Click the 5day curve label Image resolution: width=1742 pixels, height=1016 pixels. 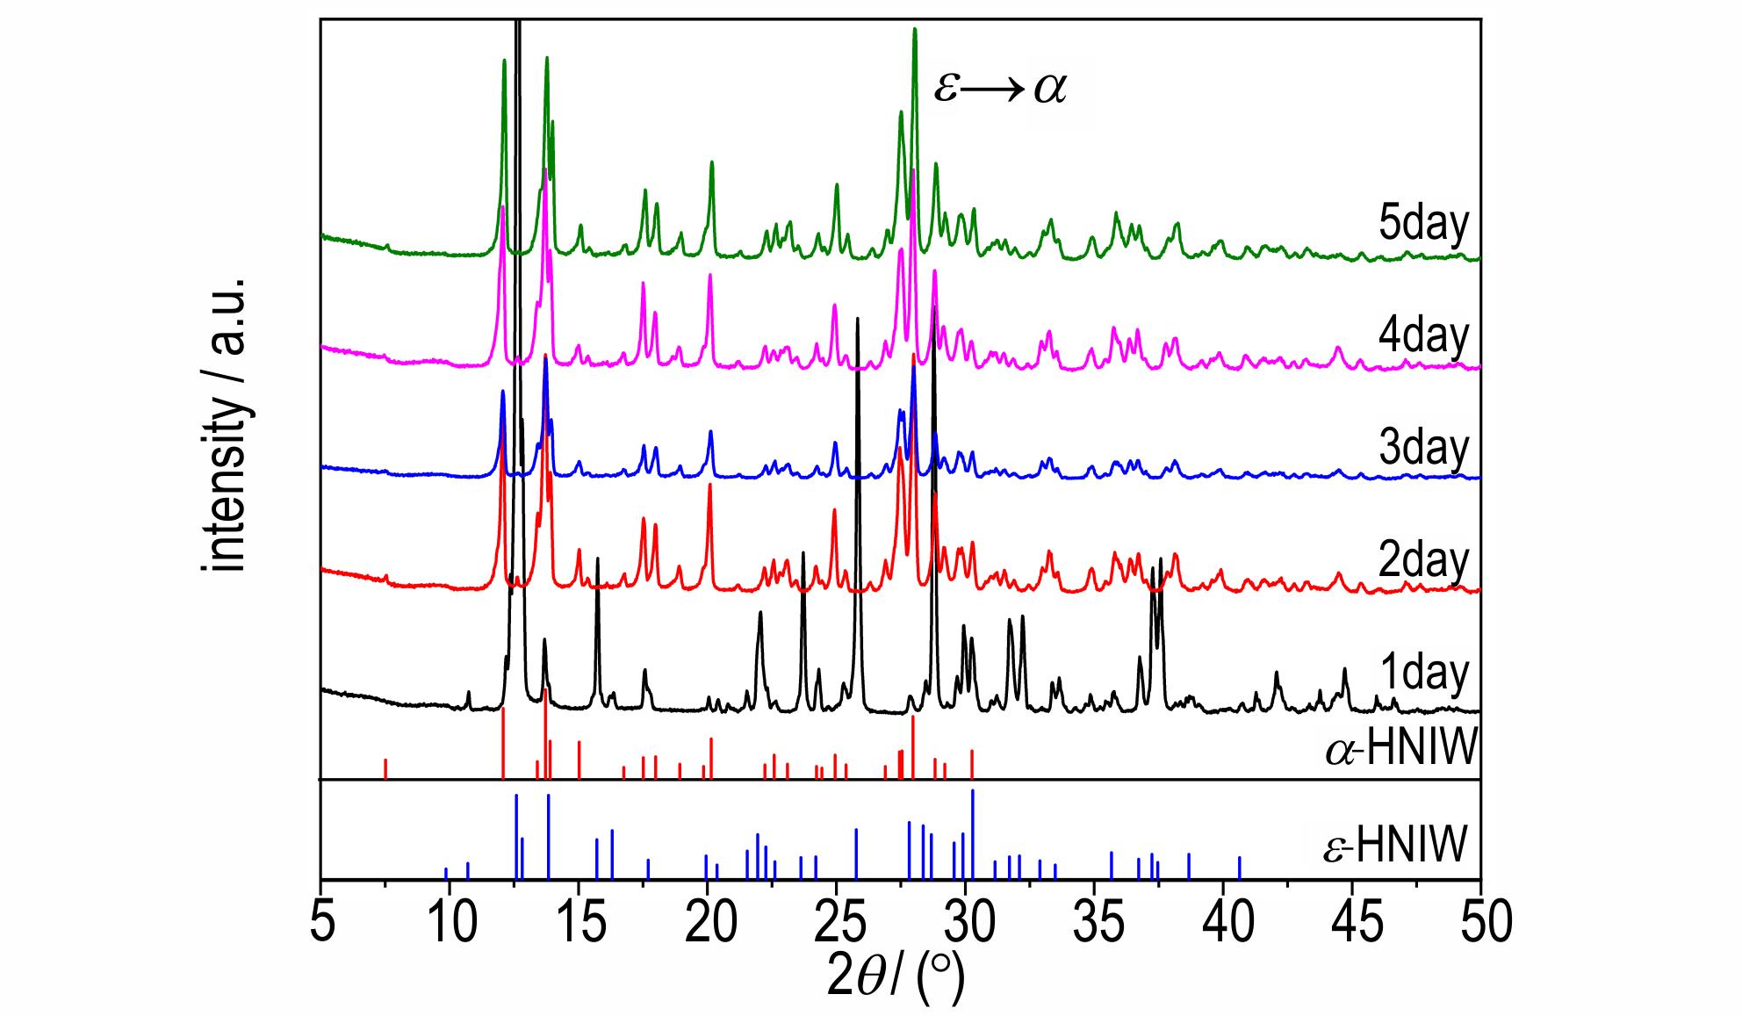pyautogui.click(x=1423, y=224)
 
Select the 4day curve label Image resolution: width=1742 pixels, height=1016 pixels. pyautogui.click(x=1423, y=335)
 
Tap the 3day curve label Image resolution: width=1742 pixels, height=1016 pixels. pyautogui.click(x=1423, y=447)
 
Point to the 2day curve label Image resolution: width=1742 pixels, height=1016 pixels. pyautogui.click(x=1423, y=560)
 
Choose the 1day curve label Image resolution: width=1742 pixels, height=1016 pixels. pyautogui.click(x=1423, y=674)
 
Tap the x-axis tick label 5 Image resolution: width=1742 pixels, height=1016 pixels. pyautogui.click(x=323, y=926)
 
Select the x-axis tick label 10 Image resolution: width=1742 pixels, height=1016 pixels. pyautogui.click(x=450, y=926)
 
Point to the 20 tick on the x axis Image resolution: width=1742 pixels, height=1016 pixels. pyautogui.click(x=708, y=926)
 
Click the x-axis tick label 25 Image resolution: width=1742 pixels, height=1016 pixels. pyautogui.click(x=837, y=926)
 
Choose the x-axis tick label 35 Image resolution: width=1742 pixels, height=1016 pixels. pyautogui.click(x=1095, y=926)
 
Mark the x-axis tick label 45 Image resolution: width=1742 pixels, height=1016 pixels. pyautogui.click(x=1353, y=926)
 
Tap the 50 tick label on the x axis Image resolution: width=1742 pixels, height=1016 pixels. pyautogui.click(x=1480, y=926)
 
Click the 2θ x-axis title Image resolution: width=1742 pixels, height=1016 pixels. pyautogui.click(x=896, y=979)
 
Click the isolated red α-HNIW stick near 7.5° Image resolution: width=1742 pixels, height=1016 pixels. pyautogui.click(x=385, y=768)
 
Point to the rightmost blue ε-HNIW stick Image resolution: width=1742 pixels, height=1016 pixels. pyautogui.click(x=1240, y=867)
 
